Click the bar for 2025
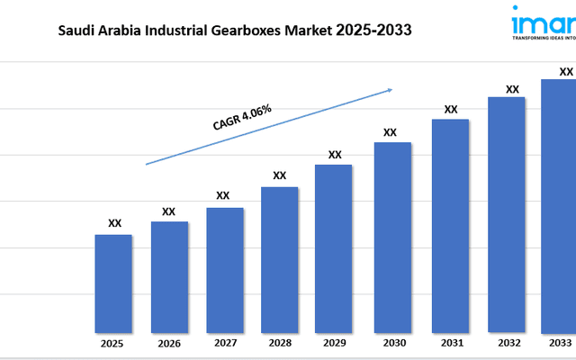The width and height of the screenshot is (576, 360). [113, 283]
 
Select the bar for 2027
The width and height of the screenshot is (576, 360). [224, 269]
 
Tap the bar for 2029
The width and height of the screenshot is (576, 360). [334, 247]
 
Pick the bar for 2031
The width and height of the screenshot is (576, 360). [450, 225]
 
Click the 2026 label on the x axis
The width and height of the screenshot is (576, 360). [168, 344]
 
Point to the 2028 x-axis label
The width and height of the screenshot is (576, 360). [279, 344]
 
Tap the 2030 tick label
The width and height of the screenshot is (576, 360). [392, 344]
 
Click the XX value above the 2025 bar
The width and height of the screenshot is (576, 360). [114, 223]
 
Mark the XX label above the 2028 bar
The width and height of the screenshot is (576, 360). [279, 175]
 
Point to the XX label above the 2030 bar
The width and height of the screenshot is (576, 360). [390, 132]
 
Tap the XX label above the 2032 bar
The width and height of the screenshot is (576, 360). [512, 89]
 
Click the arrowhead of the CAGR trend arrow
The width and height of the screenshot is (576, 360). [390, 89]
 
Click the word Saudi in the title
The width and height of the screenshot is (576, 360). [80, 31]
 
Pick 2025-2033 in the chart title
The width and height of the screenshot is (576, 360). [374, 31]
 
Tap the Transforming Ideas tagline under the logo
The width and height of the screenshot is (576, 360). [544, 40]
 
